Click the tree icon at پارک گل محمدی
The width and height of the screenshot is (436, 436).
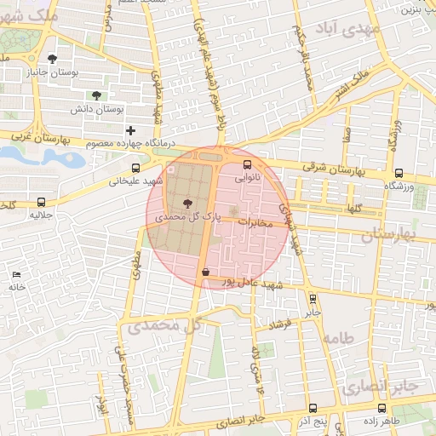pyautogui.click(x=187, y=203)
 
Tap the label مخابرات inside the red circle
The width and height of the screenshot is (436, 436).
pyautogui.click(x=253, y=223)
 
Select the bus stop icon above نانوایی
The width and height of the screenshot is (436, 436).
pyautogui.click(x=247, y=165)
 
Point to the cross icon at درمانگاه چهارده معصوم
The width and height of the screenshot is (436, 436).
pyautogui.click(x=130, y=130)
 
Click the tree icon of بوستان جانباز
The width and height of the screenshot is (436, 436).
pyautogui.click(x=53, y=59)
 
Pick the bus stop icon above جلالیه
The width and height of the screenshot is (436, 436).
pyautogui.click(x=42, y=202)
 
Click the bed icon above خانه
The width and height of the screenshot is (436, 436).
pyautogui.click(x=16, y=274)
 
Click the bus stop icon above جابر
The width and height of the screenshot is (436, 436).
pyautogui.click(x=313, y=299)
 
